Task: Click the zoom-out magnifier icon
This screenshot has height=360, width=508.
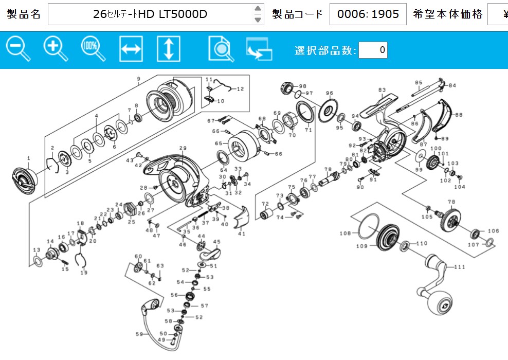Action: (x=18, y=49)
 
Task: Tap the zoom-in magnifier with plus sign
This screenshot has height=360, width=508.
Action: (x=56, y=49)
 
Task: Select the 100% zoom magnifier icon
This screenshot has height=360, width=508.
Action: (x=93, y=49)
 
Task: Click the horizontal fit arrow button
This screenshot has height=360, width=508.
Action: (x=131, y=49)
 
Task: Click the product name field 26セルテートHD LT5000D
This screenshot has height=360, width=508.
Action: (x=150, y=14)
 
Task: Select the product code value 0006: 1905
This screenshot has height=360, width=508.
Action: (x=368, y=14)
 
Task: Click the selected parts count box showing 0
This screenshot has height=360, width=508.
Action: (x=373, y=50)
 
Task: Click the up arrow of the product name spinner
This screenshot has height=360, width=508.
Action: (x=258, y=8)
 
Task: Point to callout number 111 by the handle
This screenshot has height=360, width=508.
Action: (x=459, y=267)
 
